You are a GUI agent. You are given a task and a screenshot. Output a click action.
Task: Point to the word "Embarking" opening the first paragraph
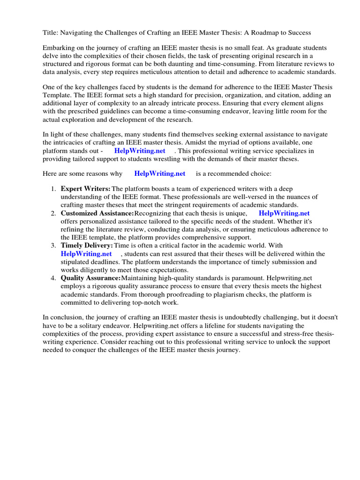[x=59, y=48]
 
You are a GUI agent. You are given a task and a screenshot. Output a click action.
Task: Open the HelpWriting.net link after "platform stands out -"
[x=140, y=151]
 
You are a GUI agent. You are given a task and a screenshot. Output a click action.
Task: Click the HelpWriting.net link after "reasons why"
[x=160, y=173]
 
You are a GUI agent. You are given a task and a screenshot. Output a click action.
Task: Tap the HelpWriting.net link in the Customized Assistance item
[x=284, y=214]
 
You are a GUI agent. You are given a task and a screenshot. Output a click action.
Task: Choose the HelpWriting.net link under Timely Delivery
[x=86, y=254]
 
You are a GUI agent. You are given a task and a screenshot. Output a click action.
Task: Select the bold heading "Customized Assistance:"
[x=97, y=214]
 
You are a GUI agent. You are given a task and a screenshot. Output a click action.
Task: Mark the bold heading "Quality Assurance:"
[x=90, y=278]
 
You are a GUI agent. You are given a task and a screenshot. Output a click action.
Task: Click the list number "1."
[x=53, y=189]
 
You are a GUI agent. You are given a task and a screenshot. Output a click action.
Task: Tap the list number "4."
[x=53, y=278]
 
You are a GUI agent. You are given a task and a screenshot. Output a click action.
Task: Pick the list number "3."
[x=53, y=246]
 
